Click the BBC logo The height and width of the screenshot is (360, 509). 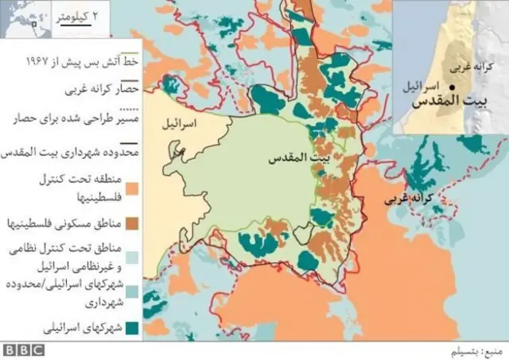[x=23, y=350]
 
